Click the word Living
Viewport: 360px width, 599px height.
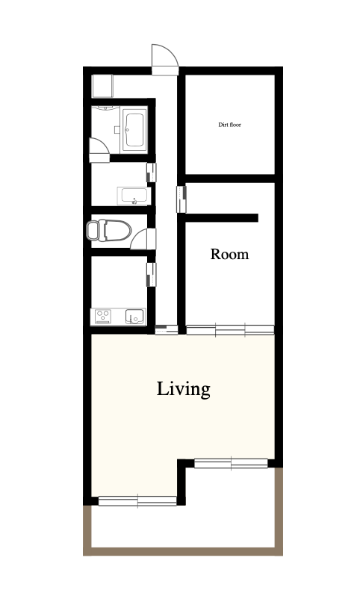tap(184, 389)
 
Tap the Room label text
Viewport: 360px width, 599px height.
tap(229, 254)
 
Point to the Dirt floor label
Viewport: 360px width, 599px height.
tap(230, 125)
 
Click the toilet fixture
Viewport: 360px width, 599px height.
tap(108, 230)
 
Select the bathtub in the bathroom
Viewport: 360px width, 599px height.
tap(134, 130)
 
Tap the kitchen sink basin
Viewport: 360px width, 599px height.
tap(134, 317)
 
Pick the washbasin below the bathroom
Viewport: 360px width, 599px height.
tap(133, 196)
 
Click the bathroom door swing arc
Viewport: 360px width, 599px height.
tap(99, 150)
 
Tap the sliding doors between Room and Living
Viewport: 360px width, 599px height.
tap(230, 329)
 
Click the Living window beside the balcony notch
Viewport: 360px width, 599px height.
tap(231, 463)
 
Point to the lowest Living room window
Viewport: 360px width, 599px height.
tap(137, 501)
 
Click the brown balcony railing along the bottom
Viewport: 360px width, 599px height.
tap(183, 551)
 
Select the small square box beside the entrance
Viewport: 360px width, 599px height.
tap(102, 86)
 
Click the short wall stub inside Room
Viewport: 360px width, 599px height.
tap(222, 218)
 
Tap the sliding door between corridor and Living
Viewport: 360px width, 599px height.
tap(167, 329)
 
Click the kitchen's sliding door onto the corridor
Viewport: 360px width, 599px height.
tap(152, 274)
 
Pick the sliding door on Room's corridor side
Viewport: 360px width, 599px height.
tap(181, 199)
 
